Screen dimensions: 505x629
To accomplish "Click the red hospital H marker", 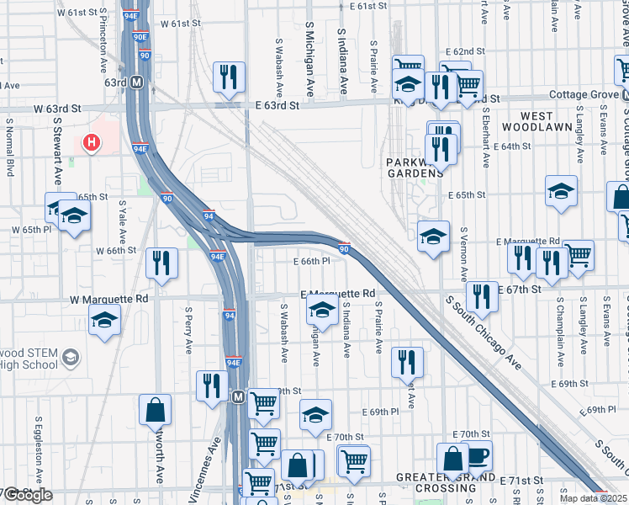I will coord(92,143).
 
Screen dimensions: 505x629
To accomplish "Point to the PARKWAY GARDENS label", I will coord(415,167).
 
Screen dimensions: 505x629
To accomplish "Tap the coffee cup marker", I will coord(477,456).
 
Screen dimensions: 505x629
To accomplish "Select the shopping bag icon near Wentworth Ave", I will coord(156,410).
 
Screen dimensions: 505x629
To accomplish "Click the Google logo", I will coord(28,495).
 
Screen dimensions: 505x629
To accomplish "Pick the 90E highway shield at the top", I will coord(140,37).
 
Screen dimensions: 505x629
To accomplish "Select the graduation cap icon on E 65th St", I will coord(561,191).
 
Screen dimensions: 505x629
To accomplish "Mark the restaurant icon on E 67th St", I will coord(481,296).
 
